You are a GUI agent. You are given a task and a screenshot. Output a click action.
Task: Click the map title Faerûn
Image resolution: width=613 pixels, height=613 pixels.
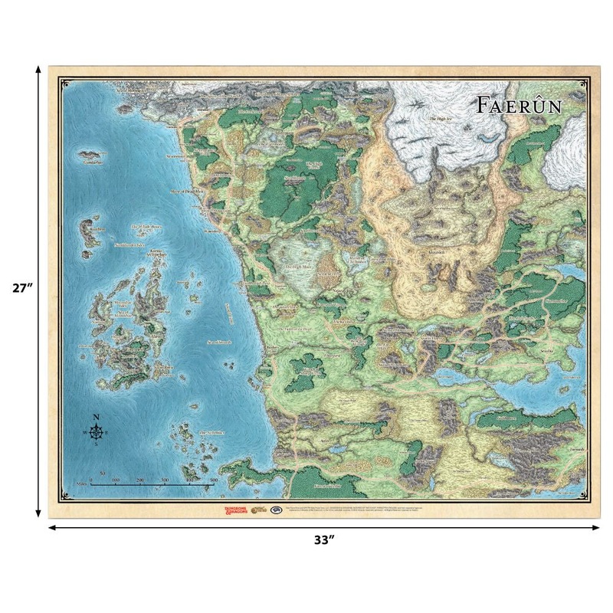pyautogui.click(x=519, y=105)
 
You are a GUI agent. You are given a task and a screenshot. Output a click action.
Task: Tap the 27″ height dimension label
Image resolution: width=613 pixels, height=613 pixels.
pyautogui.click(x=21, y=289)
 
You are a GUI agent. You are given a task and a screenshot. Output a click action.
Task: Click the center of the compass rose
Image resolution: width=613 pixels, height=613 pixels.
pyautogui.click(x=97, y=434)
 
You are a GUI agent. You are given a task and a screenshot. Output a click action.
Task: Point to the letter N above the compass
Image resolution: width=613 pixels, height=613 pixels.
pyautogui.click(x=97, y=417)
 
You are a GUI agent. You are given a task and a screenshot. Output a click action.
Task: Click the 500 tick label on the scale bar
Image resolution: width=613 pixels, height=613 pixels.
pyautogui.click(x=213, y=480)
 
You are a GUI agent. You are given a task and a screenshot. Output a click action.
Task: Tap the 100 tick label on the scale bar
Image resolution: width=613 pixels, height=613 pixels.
pyautogui.click(x=115, y=480)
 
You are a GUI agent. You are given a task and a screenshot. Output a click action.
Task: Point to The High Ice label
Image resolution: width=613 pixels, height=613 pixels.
pyautogui.click(x=440, y=119)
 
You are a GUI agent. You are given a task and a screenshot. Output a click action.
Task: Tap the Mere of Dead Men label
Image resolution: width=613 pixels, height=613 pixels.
pyautogui.click(x=185, y=192)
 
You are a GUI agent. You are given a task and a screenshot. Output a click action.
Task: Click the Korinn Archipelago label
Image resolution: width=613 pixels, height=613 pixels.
pyautogui.click(x=157, y=251)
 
